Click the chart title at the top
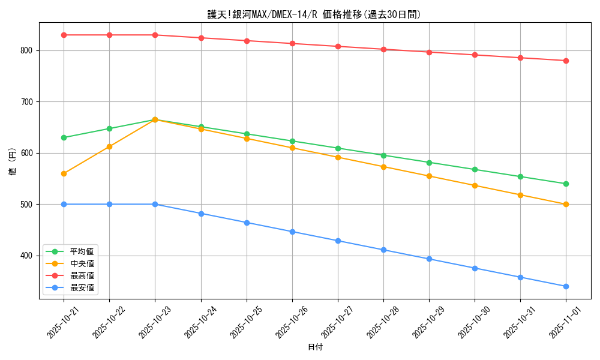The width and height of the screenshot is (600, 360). (314, 14)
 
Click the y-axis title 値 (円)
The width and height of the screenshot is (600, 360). (13, 161)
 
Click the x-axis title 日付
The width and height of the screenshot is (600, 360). (315, 347)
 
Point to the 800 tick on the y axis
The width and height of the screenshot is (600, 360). (28, 50)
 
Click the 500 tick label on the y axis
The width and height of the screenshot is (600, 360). (28, 205)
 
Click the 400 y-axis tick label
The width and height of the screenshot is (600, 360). (28, 256)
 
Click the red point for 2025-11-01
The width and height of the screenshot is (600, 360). (566, 61)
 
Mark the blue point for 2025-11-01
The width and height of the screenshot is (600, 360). (566, 286)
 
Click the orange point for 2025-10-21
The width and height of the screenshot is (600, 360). (64, 173)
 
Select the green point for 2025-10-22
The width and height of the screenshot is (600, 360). (109, 128)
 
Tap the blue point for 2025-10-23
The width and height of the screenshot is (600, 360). (155, 204)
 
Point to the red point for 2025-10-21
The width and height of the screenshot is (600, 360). (64, 35)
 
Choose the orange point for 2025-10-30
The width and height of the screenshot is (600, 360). (475, 185)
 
